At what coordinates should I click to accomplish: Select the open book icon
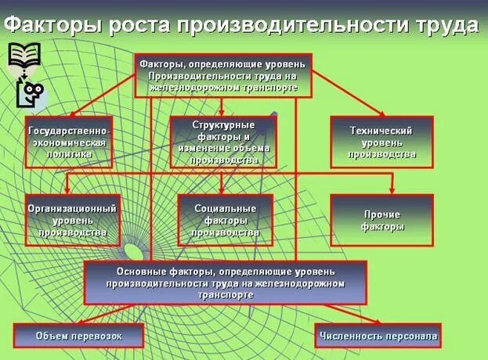click(x=24, y=56)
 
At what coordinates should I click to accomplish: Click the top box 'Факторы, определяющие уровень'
click(x=223, y=75)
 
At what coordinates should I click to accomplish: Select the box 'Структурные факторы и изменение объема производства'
click(x=223, y=142)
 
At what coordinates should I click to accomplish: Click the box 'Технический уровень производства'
click(x=381, y=142)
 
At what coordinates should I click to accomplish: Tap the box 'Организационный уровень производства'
click(x=72, y=220)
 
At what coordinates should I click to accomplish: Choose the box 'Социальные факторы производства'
click(x=225, y=220)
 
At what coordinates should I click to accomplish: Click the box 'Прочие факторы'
click(x=382, y=220)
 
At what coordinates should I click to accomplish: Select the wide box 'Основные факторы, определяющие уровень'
click(x=226, y=283)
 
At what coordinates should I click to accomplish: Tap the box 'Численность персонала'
click(x=378, y=337)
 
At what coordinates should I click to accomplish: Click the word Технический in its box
click(x=381, y=131)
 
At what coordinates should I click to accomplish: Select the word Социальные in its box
click(x=225, y=208)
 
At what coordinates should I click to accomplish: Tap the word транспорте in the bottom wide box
click(x=226, y=295)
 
